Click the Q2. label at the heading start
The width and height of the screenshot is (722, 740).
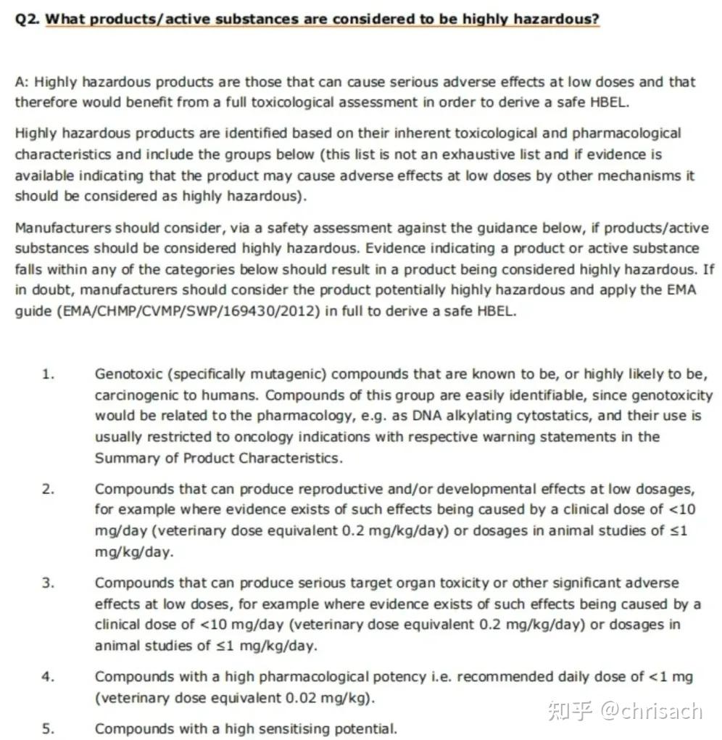click(28, 19)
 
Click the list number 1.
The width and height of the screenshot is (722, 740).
click(48, 374)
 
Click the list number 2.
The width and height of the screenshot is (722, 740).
click(48, 489)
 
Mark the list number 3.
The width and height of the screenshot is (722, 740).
click(48, 583)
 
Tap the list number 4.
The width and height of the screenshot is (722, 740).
click(48, 677)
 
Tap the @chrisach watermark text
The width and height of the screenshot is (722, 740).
click(651, 710)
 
